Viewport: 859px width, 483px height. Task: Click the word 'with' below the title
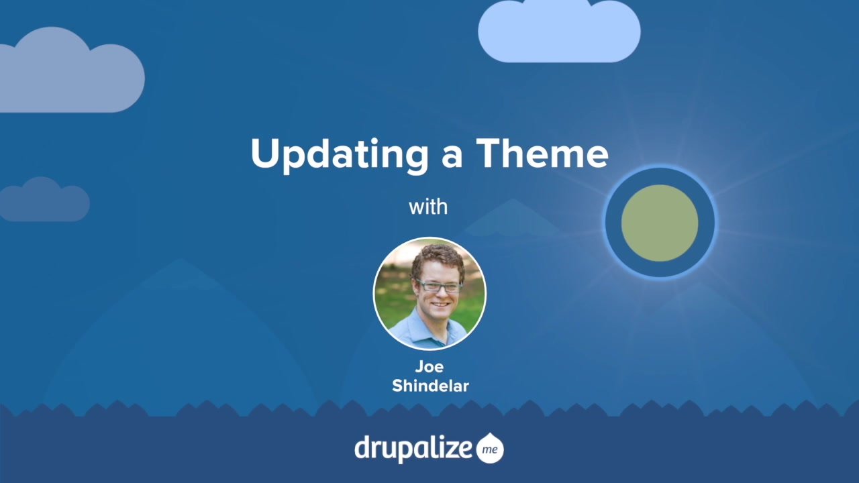(428, 207)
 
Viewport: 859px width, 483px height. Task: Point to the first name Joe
(429, 367)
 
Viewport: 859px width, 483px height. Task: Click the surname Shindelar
(429, 386)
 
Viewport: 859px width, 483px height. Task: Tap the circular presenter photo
(429, 294)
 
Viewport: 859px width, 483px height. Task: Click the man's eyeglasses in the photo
(439, 286)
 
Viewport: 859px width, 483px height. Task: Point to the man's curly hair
(438, 258)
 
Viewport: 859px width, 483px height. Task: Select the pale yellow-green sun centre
(660, 223)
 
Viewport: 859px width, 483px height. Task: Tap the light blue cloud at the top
(559, 32)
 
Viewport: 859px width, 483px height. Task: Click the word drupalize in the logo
(413, 447)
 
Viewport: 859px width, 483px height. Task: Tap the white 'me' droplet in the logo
(490, 449)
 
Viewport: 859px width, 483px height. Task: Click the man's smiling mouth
(440, 304)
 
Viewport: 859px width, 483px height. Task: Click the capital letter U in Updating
(263, 154)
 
